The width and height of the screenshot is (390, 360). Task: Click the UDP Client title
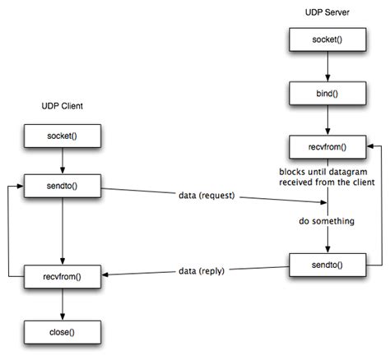pos(63,106)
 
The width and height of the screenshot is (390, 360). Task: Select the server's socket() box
pos(327,39)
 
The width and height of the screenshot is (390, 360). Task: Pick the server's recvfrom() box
pos(327,149)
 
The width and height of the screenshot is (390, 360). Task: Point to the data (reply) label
pos(202,271)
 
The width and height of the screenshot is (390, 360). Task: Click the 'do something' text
pos(327,221)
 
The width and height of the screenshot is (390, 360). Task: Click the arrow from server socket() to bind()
pos(327,65)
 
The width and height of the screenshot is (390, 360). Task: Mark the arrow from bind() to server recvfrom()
pos(327,120)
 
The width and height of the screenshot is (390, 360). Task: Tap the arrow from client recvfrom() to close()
pos(63,304)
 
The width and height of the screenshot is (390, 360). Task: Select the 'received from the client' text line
pos(327,182)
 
